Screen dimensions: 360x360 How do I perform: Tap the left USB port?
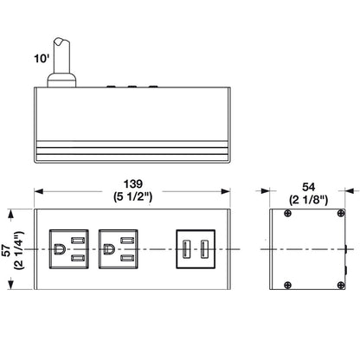click(186, 250)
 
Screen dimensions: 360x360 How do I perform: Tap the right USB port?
click(204, 250)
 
